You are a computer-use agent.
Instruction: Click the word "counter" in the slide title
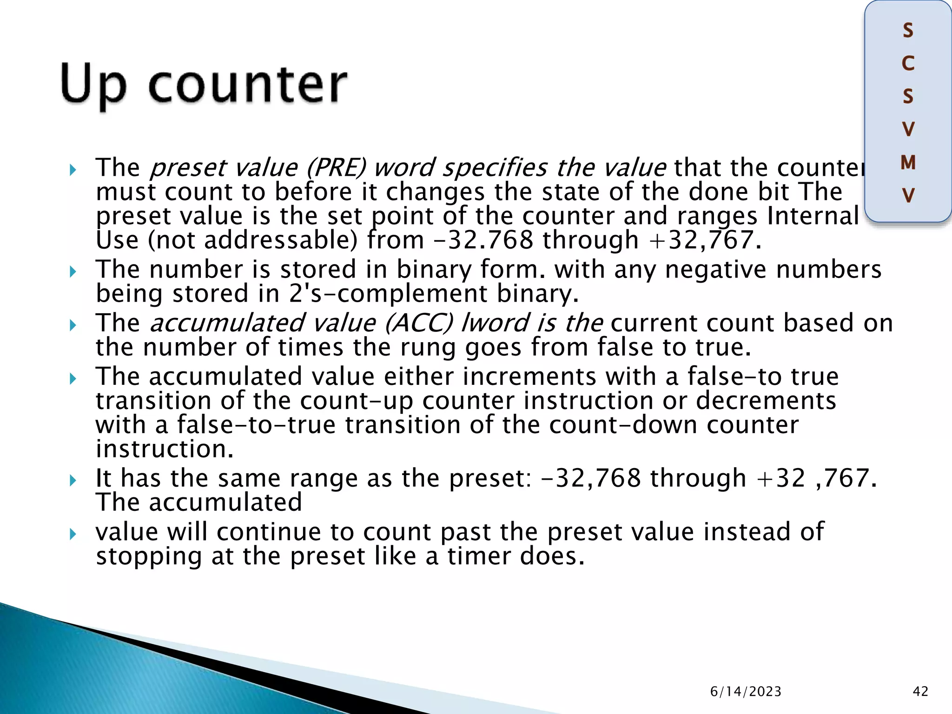[247, 85]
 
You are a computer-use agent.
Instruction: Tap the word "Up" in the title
[93, 86]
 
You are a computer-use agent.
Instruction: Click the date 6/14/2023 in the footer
[746, 692]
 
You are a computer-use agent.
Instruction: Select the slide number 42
[920, 692]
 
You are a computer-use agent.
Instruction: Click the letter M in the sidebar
[908, 163]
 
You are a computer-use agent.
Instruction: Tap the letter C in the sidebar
[908, 63]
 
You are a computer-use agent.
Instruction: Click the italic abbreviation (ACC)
[418, 323]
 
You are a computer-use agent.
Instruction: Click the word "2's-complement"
[388, 294]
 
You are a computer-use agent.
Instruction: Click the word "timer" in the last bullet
[479, 556]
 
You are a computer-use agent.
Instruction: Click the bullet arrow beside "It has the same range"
[73, 480]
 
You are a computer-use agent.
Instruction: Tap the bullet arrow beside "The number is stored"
[73, 271]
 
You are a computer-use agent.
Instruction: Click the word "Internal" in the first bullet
[813, 216]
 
